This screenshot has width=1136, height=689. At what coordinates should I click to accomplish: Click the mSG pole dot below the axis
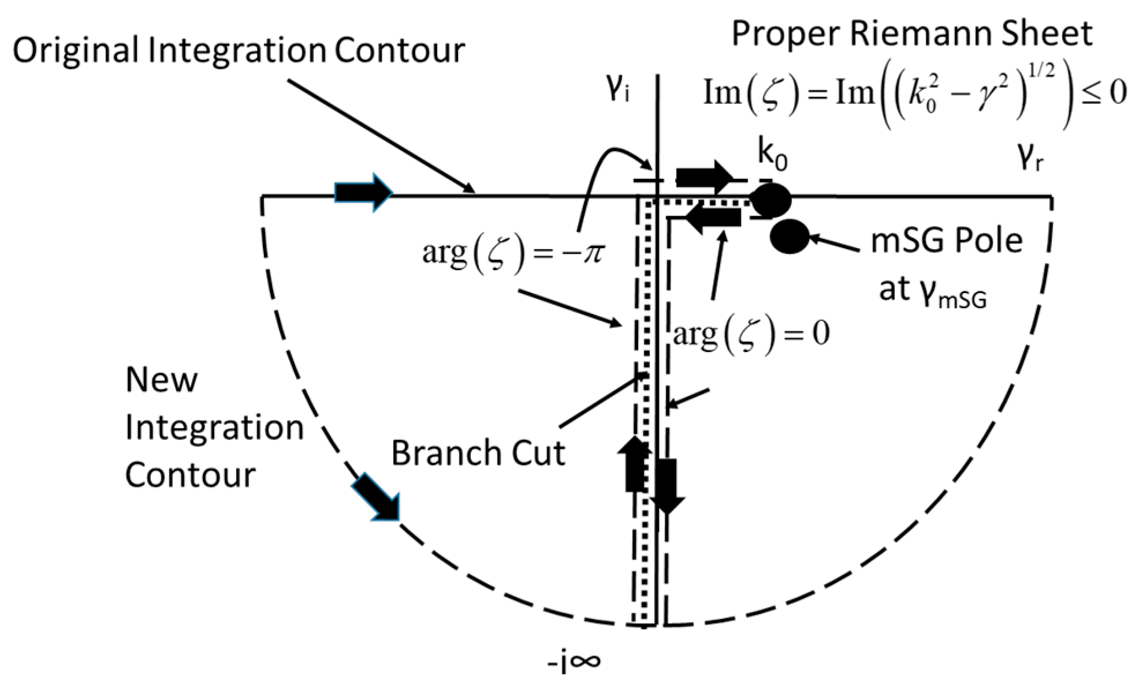coord(790,237)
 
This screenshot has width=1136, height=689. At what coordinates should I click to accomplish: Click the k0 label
coord(772,156)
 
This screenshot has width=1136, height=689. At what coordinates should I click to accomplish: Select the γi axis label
coord(617,92)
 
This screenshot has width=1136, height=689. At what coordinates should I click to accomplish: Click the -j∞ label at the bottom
coord(573,663)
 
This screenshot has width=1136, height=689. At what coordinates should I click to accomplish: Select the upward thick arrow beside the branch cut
coord(635,465)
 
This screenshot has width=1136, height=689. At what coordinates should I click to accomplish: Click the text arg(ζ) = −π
coord(512,254)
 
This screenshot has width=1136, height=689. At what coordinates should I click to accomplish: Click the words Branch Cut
coord(478,453)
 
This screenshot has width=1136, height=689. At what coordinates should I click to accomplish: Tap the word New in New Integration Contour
coord(161,381)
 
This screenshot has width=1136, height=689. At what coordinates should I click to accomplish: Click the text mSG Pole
coord(946,241)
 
